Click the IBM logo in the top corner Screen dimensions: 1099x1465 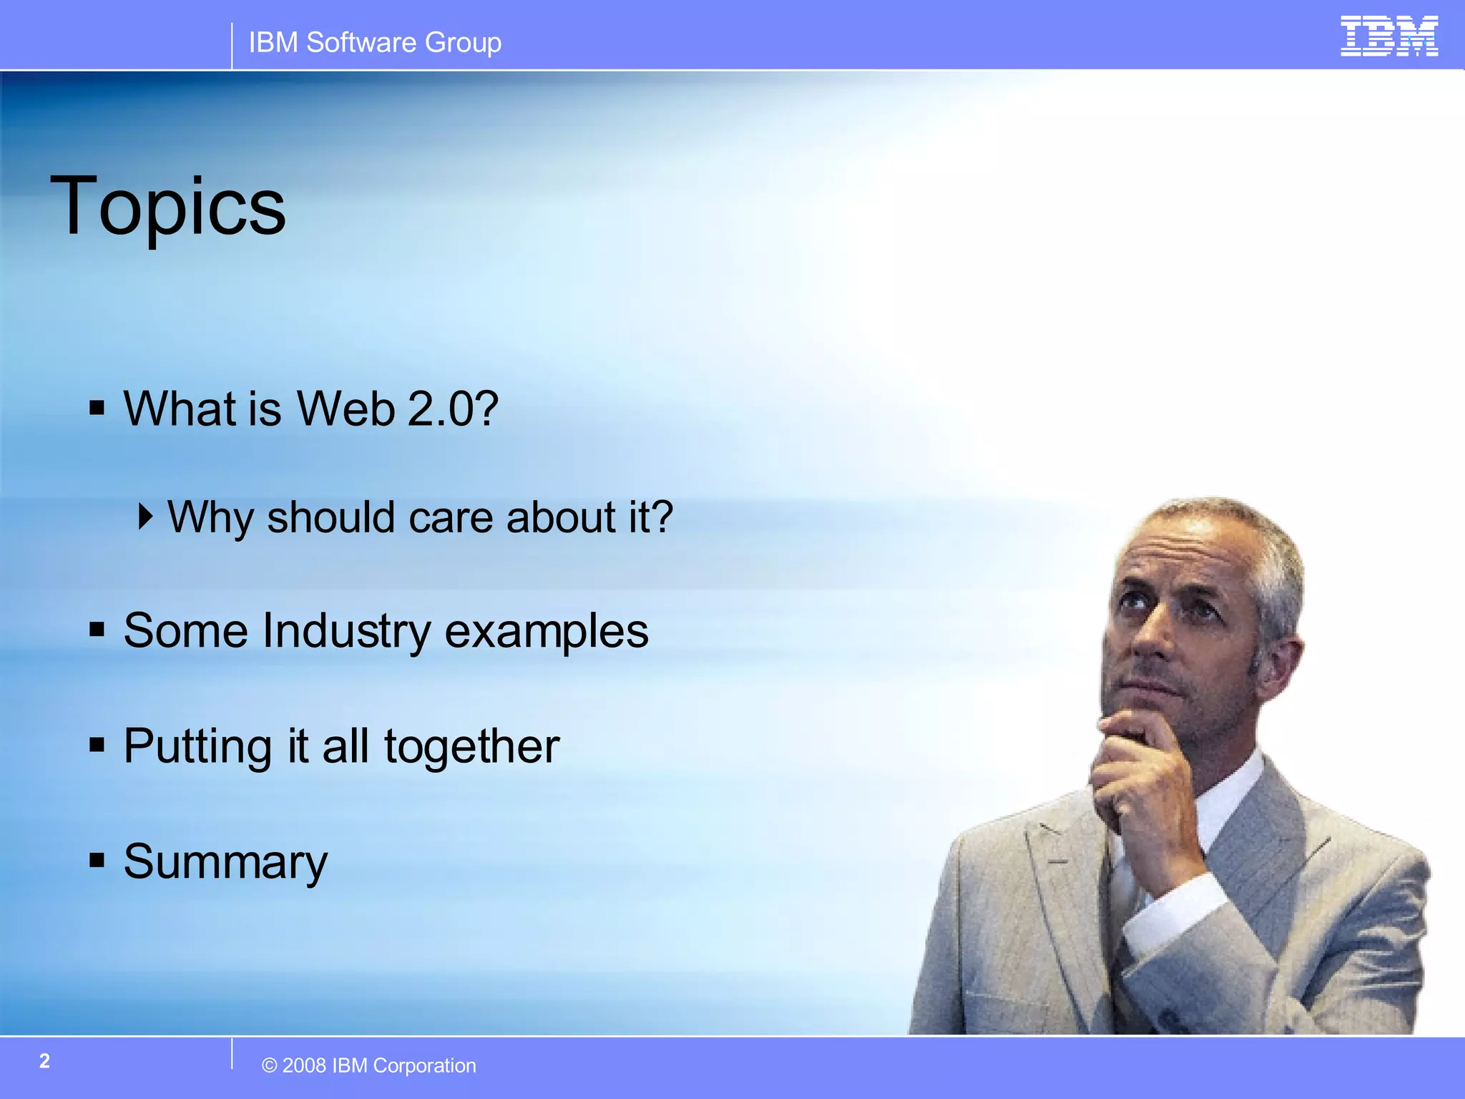click(1388, 36)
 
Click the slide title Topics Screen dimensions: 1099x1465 click(167, 207)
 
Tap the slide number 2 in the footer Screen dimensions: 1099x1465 click(44, 1061)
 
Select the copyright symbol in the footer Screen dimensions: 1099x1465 click(269, 1066)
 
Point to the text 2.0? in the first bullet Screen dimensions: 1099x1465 click(452, 409)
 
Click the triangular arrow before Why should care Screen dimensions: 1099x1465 click(145, 516)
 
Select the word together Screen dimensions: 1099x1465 click(471, 747)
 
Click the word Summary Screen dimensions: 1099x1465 click(225, 862)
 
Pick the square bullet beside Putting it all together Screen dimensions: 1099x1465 click(97, 745)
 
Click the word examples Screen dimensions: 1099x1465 click(547, 631)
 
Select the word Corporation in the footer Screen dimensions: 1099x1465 click(424, 1066)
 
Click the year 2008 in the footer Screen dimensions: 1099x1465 click(304, 1066)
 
